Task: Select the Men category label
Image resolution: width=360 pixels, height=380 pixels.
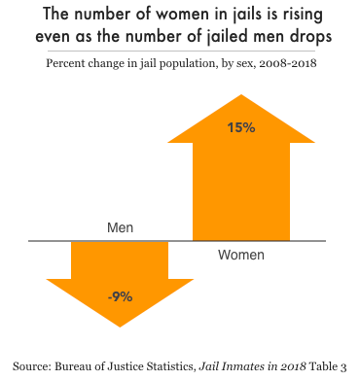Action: click(119, 228)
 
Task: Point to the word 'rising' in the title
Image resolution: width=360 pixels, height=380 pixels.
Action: click(298, 17)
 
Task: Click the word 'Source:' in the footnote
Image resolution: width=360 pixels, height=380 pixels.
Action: click(35, 364)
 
